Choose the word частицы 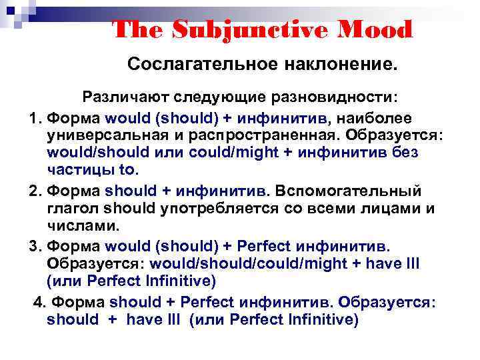(x=75, y=169)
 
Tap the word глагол (x=72, y=208)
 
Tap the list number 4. (x=38, y=302)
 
